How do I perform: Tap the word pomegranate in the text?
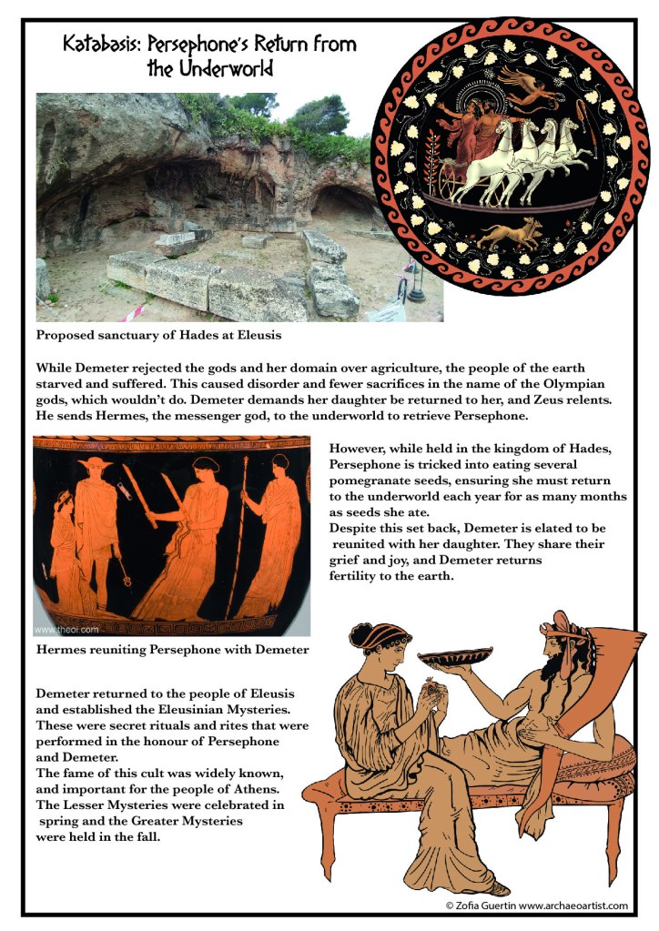click(x=370, y=479)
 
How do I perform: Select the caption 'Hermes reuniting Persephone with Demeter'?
click(x=172, y=649)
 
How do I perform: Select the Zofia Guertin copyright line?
click(x=536, y=906)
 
